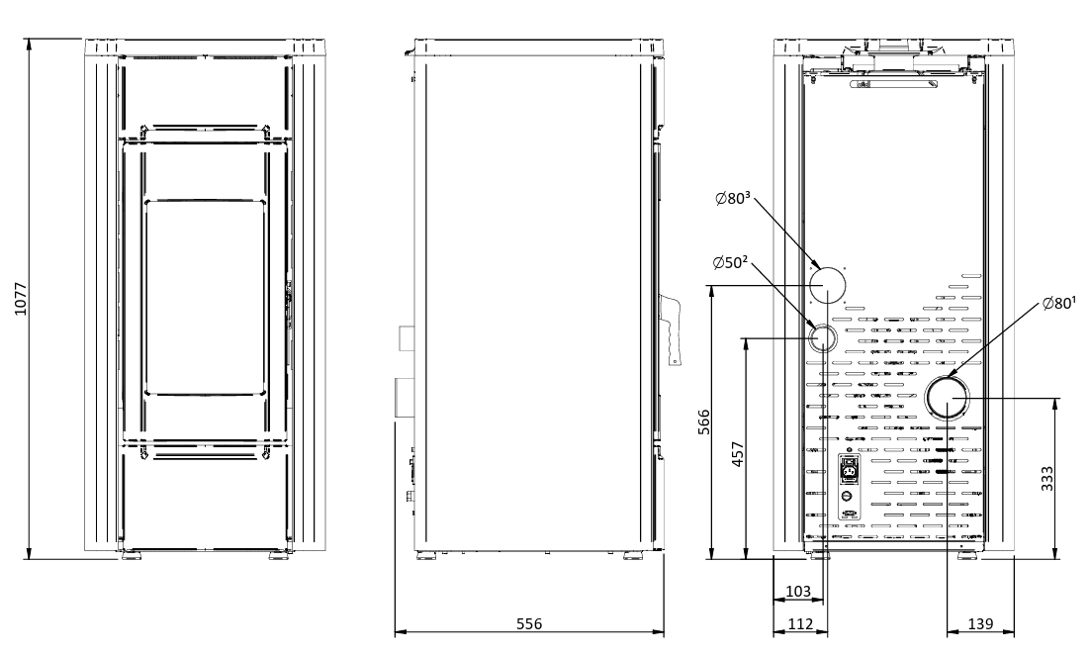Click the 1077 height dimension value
coord(21,299)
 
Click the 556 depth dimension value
coord(529,624)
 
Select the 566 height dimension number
coord(704,422)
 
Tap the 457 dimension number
coord(738,453)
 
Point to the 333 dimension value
coord(1046,478)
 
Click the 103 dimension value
coord(798,592)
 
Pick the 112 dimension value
coord(800,624)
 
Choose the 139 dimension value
coord(980,624)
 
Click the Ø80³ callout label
coord(733,198)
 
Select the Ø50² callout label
coord(730,262)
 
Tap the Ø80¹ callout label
coord(1058,304)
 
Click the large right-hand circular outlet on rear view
coord(947,398)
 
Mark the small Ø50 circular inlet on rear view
coord(822,338)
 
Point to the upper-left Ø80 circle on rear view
coord(828,285)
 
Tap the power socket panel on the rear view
coord(848,487)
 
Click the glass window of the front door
coord(206,298)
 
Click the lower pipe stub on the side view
coord(404,398)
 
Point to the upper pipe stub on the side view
coord(406,338)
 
